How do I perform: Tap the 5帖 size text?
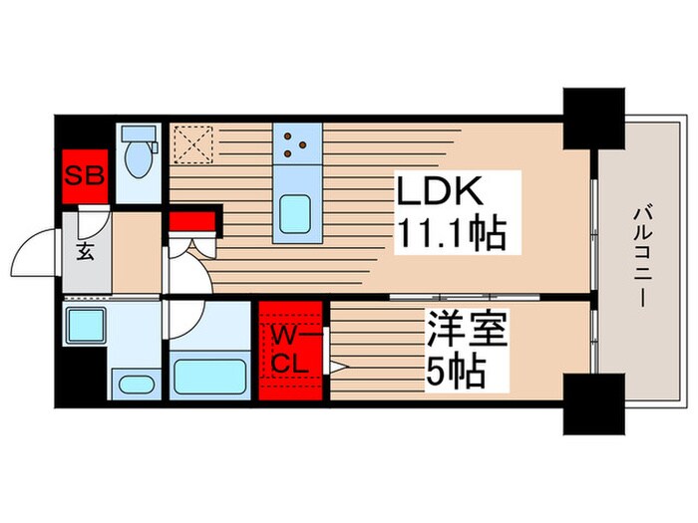tap(456, 372)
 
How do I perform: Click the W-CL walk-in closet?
tap(292, 350)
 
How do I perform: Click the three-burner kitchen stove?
tap(294, 145)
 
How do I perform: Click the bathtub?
tap(211, 377)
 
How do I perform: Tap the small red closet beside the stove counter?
tap(188, 221)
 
